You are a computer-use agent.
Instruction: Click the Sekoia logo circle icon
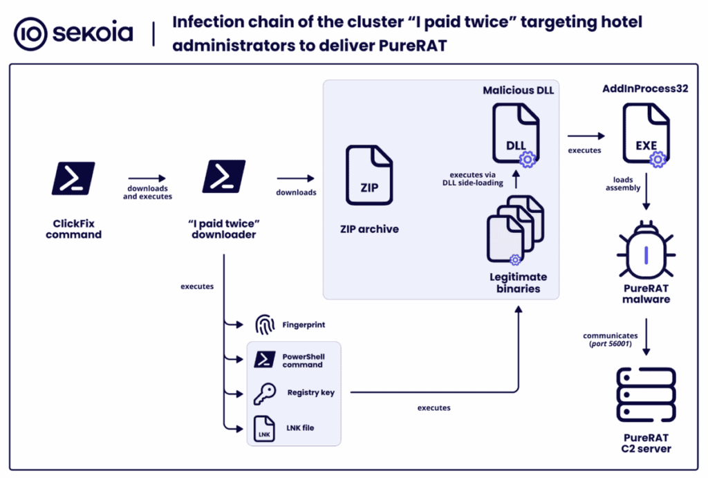(x=30, y=33)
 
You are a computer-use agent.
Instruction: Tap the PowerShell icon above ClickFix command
(x=73, y=177)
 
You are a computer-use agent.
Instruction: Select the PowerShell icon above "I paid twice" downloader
(x=223, y=177)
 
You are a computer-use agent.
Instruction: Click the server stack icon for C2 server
(x=645, y=396)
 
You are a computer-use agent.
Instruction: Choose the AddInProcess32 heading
(x=645, y=89)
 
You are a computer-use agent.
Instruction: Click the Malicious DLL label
(x=518, y=90)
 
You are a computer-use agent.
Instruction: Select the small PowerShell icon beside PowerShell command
(x=265, y=359)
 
